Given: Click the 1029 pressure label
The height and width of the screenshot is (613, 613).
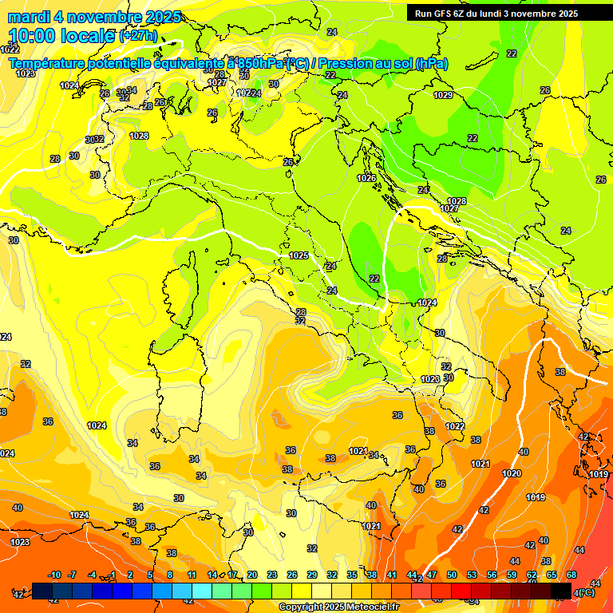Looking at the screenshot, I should point(443,96).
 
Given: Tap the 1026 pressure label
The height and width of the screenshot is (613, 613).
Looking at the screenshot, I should point(366,178).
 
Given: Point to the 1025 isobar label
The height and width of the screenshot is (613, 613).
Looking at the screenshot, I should point(299,255).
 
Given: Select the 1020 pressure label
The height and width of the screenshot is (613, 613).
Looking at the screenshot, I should point(512,473).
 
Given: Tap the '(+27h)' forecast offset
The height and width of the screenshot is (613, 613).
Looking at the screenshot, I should point(138,36).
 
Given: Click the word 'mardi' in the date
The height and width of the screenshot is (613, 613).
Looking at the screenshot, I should point(26,17).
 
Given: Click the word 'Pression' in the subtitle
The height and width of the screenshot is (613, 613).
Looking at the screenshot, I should point(346,64).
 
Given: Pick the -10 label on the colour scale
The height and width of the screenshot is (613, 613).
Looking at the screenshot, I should point(54,575).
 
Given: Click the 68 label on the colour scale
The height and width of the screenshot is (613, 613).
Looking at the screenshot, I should point(572,575).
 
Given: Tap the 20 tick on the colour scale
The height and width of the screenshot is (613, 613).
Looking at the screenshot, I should point(251,575).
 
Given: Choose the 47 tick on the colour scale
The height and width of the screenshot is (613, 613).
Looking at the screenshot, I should point(432,575).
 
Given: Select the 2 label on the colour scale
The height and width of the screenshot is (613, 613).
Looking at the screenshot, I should point(131,575).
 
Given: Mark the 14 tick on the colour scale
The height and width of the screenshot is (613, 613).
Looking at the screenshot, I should point(212,575).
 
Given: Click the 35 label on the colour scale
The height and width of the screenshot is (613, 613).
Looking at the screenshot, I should point(352,575).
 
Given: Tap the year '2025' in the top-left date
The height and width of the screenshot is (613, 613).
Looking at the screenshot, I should point(160,17).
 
